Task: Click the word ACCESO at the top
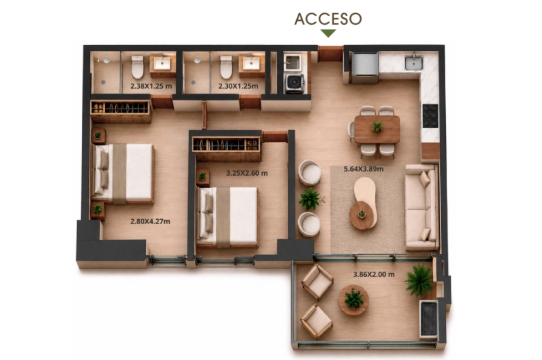point(328,19)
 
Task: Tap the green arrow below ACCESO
point(328,33)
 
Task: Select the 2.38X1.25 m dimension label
point(151,86)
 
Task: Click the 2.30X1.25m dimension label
point(238,86)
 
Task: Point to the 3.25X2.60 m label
point(247,173)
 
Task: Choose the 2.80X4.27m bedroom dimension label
point(150,221)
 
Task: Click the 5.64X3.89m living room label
point(364,168)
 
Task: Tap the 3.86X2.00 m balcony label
point(374,274)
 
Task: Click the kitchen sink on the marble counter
point(414,62)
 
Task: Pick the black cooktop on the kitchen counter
point(430,116)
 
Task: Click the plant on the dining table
point(378,126)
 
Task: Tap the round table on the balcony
point(354,300)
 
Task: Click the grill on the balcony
point(429,318)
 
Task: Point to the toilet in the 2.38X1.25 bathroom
point(137,67)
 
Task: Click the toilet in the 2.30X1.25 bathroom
point(226,67)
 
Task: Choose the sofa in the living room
point(422,208)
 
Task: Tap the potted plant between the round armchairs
point(310,199)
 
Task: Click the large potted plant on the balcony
point(419,281)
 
